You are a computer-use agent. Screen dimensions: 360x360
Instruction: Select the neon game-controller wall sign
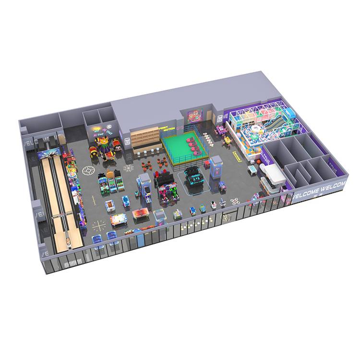[196, 117]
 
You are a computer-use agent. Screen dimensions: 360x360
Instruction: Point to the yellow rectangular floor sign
[236, 155]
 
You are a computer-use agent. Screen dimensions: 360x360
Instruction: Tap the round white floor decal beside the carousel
[89, 171]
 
